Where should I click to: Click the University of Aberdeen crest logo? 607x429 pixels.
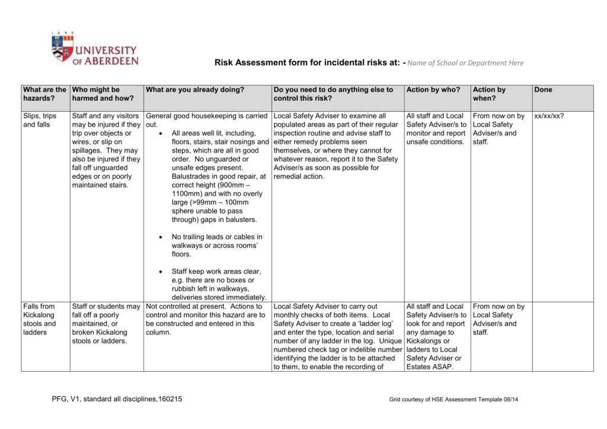(62, 47)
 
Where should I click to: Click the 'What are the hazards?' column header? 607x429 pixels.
(44, 94)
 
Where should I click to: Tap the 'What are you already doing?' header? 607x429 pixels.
(195, 90)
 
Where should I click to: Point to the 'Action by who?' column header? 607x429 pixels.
(433, 90)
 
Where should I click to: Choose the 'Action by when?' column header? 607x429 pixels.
(489, 94)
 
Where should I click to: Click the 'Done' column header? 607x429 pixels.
(543, 90)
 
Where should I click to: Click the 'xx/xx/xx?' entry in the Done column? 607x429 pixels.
(549, 116)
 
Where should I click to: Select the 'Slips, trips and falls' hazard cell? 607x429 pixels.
(40, 120)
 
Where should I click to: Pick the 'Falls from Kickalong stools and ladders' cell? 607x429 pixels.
(40, 319)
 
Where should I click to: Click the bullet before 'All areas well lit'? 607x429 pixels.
(161, 134)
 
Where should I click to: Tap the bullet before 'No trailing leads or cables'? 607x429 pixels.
(161, 237)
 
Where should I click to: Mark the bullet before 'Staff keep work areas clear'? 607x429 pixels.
(161, 272)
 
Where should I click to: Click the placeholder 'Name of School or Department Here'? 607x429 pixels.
(466, 63)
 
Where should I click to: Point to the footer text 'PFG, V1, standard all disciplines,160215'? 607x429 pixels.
(117, 399)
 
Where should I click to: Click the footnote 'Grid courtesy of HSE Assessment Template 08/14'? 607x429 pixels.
(454, 400)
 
